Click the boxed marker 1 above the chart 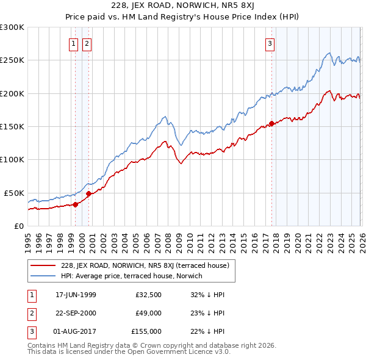pyautogui.click(x=74, y=43)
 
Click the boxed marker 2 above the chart pyautogui.click(x=87, y=43)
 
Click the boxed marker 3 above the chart pyautogui.click(x=270, y=43)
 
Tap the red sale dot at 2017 pyautogui.click(x=270, y=124)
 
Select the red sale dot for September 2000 pyautogui.click(x=88, y=193)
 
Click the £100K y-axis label pyautogui.click(x=13, y=159)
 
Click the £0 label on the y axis pyautogui.click(x=18, y=225)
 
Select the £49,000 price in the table pyautogui.click(x=148, y=313)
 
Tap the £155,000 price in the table pyautogui.click(x=146, y=331)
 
